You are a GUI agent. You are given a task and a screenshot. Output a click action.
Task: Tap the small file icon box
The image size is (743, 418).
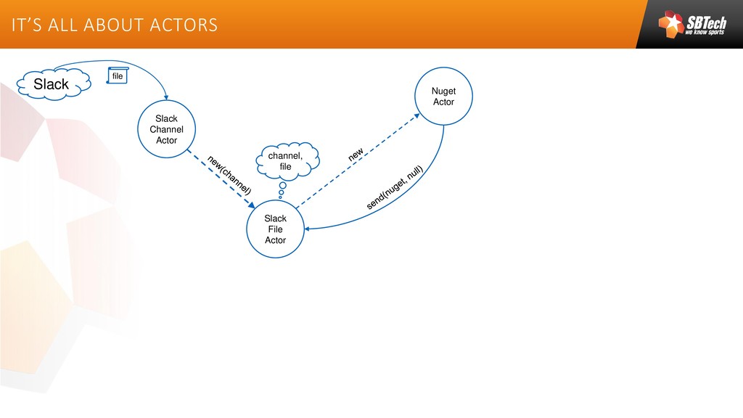118,75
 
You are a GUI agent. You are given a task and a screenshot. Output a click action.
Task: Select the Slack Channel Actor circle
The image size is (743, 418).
166,129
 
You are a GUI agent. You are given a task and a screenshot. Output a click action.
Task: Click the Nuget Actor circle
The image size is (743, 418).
443,96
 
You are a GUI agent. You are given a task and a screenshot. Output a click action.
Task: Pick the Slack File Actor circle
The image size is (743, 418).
275,229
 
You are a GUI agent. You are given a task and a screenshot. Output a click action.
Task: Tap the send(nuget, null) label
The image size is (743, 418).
394,188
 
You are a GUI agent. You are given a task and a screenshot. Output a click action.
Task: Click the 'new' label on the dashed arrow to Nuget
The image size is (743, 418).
356,155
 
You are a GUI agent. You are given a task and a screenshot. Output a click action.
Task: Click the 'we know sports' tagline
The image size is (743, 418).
705,33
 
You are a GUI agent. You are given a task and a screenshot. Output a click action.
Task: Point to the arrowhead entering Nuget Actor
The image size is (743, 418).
418,114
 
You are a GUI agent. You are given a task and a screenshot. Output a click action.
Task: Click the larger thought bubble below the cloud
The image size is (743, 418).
282,187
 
